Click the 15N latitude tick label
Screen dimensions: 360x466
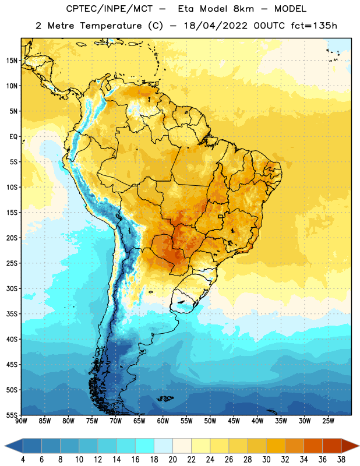click(x=12, y=61)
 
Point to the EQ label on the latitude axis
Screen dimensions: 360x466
click(x=13, y=137)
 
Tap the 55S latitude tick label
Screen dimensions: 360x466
click(x=12, y=415)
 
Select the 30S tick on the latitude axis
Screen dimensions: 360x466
click(x=12, y=288)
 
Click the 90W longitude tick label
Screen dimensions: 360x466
click(x=21, y=421)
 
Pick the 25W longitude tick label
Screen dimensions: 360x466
click(x=328, y=421)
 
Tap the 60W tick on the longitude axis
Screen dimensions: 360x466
click(x=163, y=421)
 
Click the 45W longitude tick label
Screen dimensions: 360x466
click(x=234, y=421)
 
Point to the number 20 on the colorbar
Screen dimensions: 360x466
click(x=172, y=460)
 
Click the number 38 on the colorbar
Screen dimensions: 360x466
click(x=341, y=460)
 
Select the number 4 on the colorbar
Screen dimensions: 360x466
click(x=23, y=460)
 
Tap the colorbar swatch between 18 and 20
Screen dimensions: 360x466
click(x=163, y=446)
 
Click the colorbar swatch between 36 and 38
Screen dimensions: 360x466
click(x=332, y=446)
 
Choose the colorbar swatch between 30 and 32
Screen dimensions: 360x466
click(x=276, y=446)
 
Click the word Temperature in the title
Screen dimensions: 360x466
click(x=111, y=26)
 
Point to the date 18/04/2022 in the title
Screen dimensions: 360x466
click(x=216, y=26)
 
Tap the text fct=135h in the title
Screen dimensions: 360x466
click(x=314, y=26)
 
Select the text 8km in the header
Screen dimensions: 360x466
click(x=243, y=9)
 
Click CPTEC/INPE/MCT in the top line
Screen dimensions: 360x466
click(x=110, y=9)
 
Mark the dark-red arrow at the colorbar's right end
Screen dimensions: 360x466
click(x=350, y=446)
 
